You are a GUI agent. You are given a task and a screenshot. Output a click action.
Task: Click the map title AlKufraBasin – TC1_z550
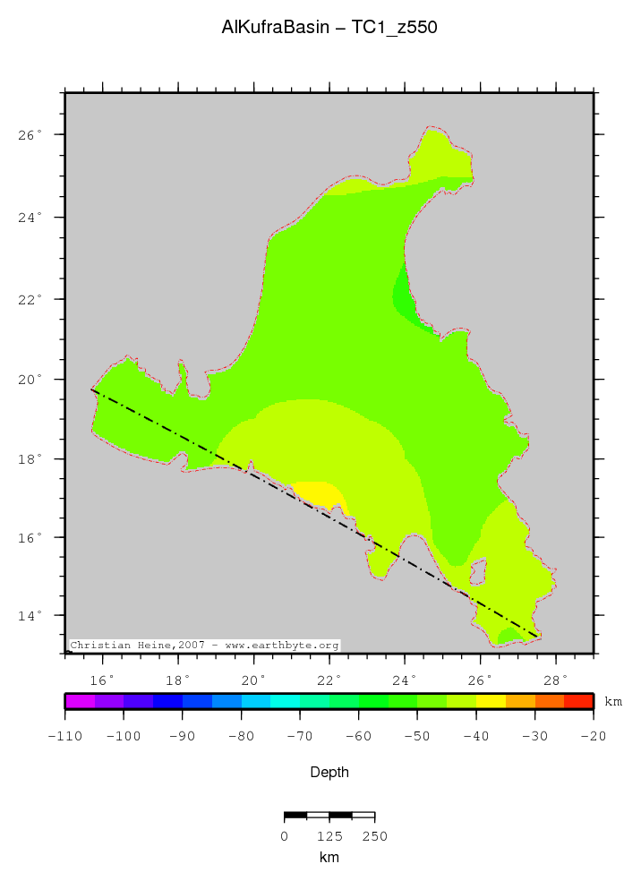[329, 28]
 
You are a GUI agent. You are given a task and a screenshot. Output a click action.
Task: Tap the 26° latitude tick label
[30, 135]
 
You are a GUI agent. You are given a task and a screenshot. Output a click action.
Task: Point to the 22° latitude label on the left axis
[30, 298]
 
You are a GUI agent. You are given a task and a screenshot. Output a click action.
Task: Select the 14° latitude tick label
[30, 616]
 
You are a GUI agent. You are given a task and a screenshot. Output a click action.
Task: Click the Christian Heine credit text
[204, 645]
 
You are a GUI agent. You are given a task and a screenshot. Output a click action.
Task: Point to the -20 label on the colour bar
[593, 736]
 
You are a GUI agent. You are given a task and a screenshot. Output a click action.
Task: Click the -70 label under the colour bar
[299, 736]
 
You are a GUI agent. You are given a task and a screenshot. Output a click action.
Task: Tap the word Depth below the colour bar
[329, 772]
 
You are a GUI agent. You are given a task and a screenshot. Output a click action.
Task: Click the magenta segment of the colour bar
[80, 701]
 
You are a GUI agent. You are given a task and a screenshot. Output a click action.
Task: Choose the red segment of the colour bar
[578, 701]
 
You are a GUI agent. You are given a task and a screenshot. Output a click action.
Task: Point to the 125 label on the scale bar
[329, 836]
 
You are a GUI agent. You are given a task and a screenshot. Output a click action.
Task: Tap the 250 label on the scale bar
[374, 836]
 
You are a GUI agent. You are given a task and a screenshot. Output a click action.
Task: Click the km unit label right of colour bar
[613, 701]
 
